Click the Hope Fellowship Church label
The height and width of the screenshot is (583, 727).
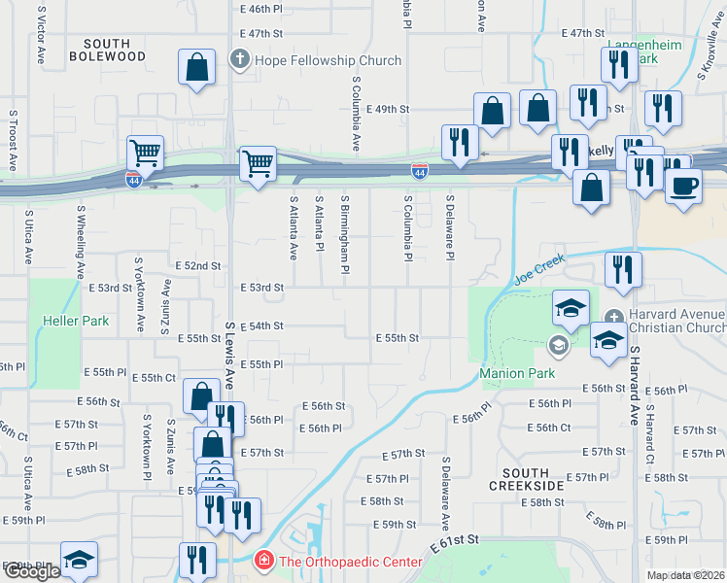pyautogui.click(x=328, y=60)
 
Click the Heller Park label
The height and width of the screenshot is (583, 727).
pyautogui.click(x=75, y=321)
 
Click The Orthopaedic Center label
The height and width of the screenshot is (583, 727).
pyautogui.click(x=350, y=562)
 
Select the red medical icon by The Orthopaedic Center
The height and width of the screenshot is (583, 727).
pyautogui.click(x=262, y=561)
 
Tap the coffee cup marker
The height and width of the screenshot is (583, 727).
pyautogui.click(x=683, y=185)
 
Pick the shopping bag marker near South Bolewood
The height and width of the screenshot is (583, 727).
pyautogui.click(x=197, y=68)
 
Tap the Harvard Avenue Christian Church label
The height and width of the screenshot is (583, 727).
pyautogui.click(x=676, y=324)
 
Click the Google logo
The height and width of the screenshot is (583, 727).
pyautogui.click(x=32, y=570)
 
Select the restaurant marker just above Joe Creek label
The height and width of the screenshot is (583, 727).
pyautogui.click(x=623, y=270)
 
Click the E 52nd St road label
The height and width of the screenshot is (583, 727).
pyautogui.click(x=197, y=265)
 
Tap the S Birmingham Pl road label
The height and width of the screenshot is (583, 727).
pyautogui.click(x=344, y=233)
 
